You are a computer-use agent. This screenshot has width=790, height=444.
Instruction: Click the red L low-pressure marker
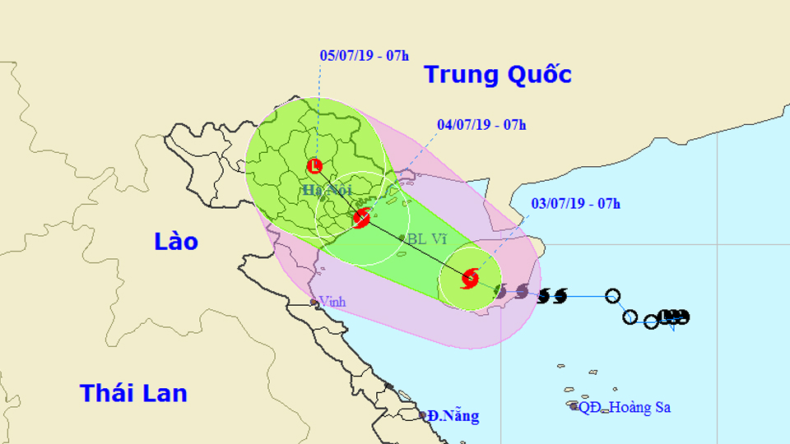click(314, 167)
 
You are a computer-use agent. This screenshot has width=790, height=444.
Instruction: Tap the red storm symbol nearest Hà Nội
click(360, 219)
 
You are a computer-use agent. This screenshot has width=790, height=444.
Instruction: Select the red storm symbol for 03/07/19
click(470, 278)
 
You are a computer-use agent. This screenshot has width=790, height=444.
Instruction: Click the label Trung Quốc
click(497, 75)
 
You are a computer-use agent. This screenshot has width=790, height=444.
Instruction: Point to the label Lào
click(176, 241)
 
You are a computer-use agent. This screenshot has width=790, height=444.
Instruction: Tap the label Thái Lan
click(133, 393)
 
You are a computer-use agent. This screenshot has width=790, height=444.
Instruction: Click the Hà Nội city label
click(323, 191)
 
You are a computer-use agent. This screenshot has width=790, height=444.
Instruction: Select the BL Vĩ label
click(427, 238)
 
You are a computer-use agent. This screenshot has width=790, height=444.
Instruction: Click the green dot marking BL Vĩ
click(402, 238)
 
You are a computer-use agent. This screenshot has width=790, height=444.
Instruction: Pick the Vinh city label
click(332, 302)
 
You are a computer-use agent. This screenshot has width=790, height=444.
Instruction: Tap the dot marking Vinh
click(314, 303)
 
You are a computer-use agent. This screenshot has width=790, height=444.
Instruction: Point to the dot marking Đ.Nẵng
click(423, 415)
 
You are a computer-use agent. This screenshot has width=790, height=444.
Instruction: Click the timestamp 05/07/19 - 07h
click(364, 56)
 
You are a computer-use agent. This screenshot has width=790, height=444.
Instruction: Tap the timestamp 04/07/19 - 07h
click(481, 125)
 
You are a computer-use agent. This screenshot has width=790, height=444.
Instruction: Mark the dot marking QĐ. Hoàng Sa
click(574, 405)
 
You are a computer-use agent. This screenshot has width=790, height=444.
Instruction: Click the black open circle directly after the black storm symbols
click(612, 296)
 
